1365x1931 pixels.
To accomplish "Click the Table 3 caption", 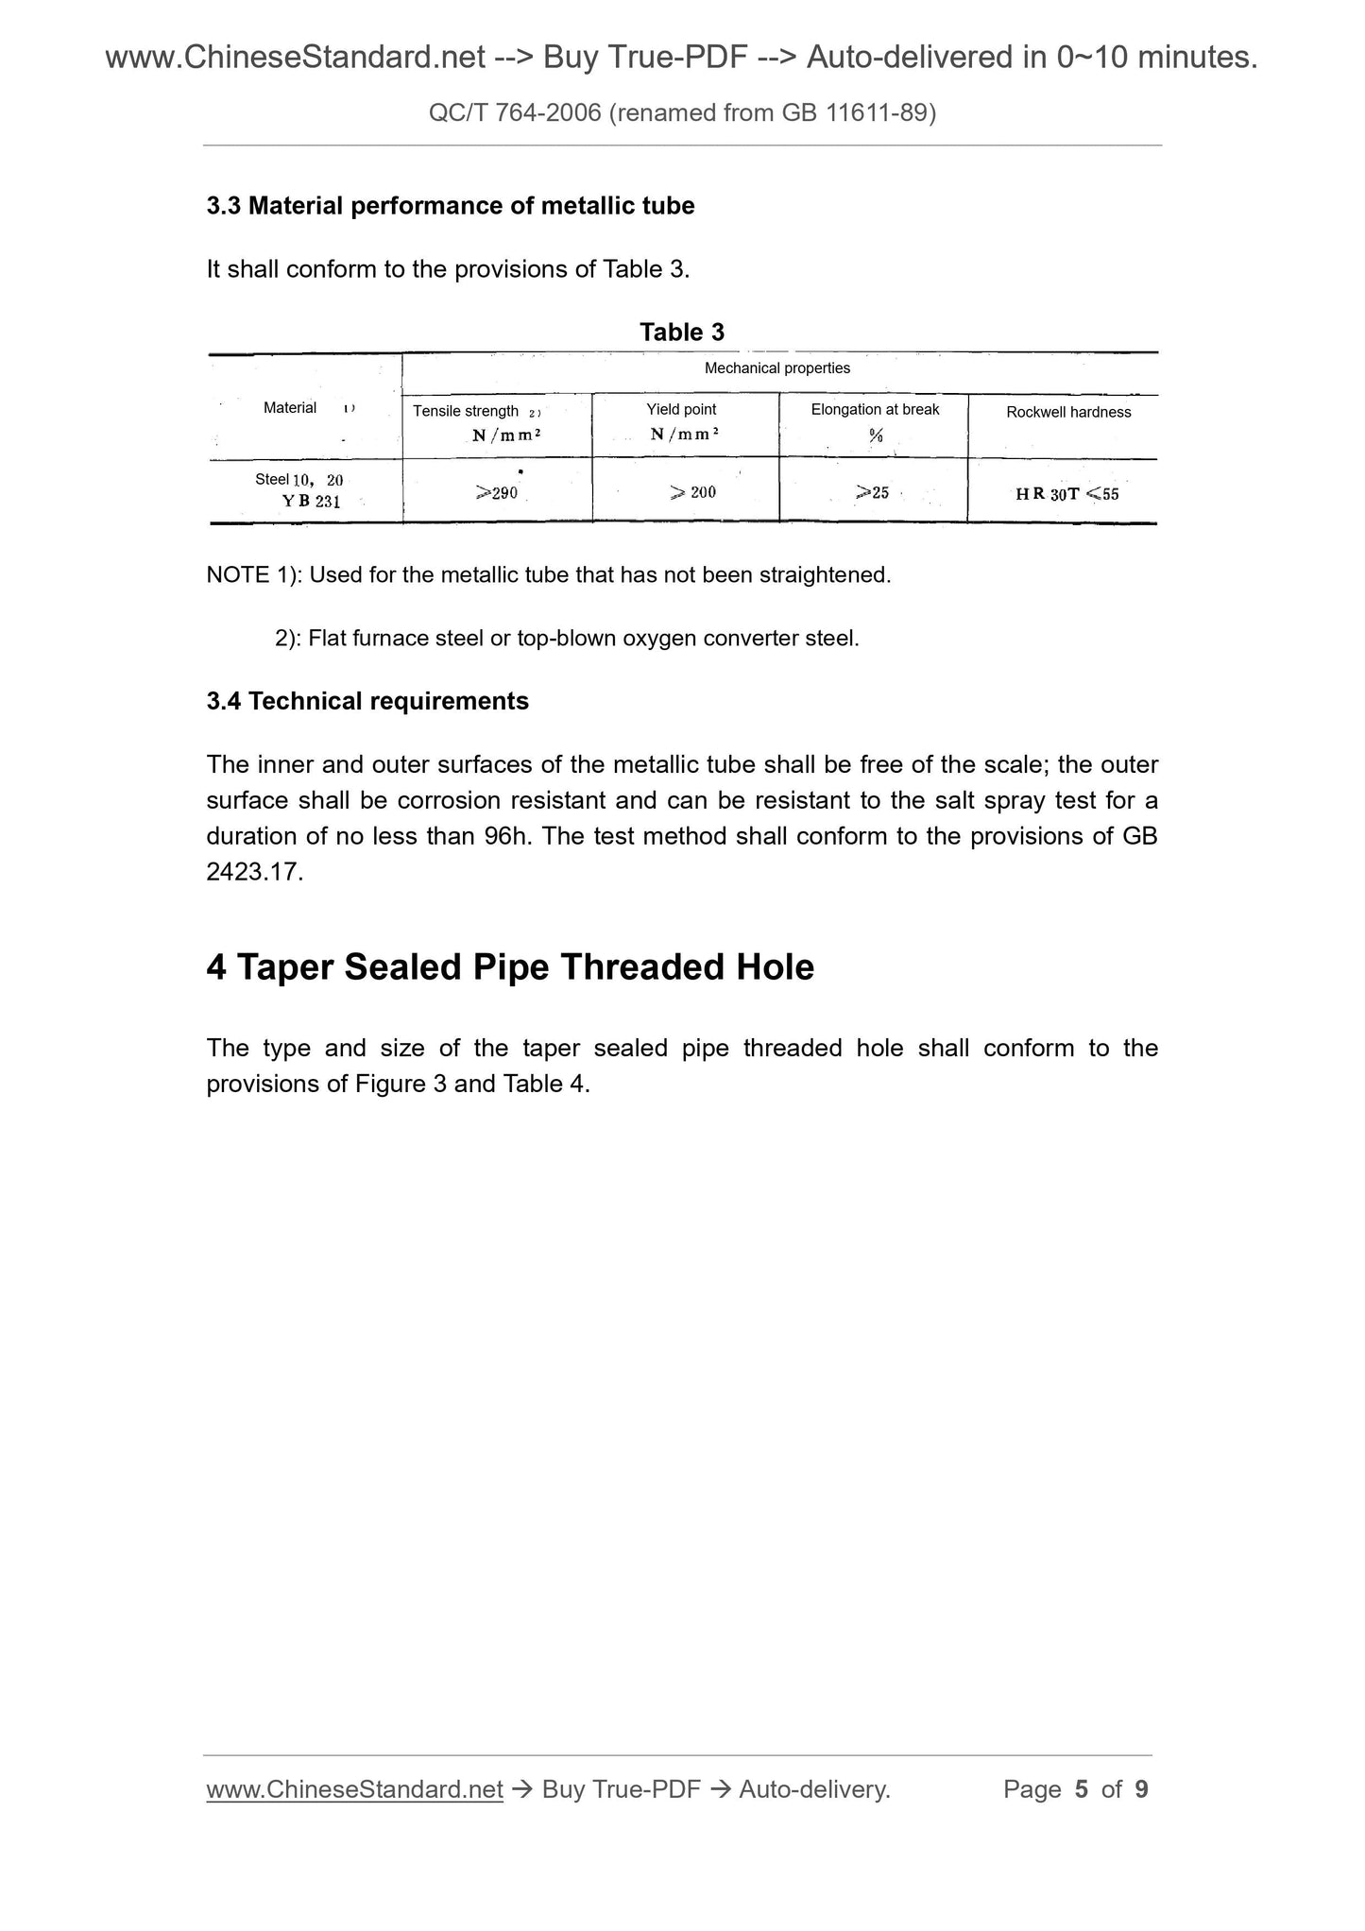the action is coord(681,333).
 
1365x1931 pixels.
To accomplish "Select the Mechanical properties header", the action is coord(776,368).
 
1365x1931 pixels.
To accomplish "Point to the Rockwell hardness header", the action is coord(1067,412).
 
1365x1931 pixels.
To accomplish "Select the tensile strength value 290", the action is coord(497,492).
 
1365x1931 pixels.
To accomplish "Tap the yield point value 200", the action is coord(693,492).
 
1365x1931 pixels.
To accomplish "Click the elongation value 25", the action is coord(873,492).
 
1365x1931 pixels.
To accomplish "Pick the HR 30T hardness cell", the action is coord(1066,494).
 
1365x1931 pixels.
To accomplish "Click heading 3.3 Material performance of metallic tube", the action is coord(451,206).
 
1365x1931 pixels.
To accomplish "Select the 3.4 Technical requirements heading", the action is coord(367,701).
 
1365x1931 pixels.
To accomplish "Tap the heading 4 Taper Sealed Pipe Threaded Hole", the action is coord(510,966).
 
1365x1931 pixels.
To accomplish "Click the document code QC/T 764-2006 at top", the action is coord(515,113).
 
